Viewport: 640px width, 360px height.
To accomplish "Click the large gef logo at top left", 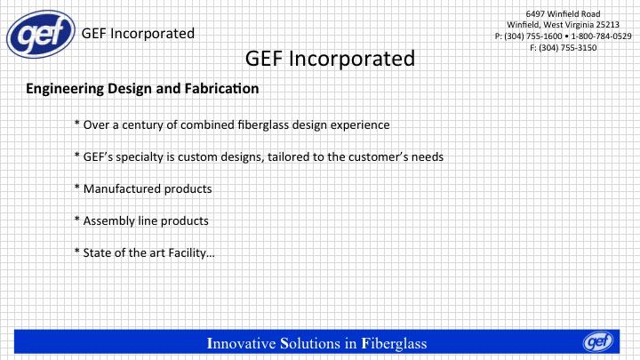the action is (41, 34).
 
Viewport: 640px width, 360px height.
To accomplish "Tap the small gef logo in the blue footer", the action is (598, 341).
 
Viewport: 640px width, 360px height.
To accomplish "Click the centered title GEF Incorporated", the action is (330, 59).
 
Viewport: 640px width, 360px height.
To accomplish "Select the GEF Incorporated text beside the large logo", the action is (138, 34).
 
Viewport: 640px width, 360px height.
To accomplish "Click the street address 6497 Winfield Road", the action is (563, 14).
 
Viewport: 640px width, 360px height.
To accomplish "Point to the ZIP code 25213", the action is (607, 25).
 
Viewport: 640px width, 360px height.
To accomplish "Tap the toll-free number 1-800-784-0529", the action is (601, 36).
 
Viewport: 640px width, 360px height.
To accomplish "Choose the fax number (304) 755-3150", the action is (568, 48).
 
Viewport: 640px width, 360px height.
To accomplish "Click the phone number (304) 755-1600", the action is (533, 36).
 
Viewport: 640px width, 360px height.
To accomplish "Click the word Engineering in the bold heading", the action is (65, 89).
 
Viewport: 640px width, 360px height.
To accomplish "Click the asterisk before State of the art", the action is (77, 251).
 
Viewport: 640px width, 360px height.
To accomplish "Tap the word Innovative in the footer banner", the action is (241, 343).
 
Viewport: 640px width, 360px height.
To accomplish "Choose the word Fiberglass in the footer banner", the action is (395, 344).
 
